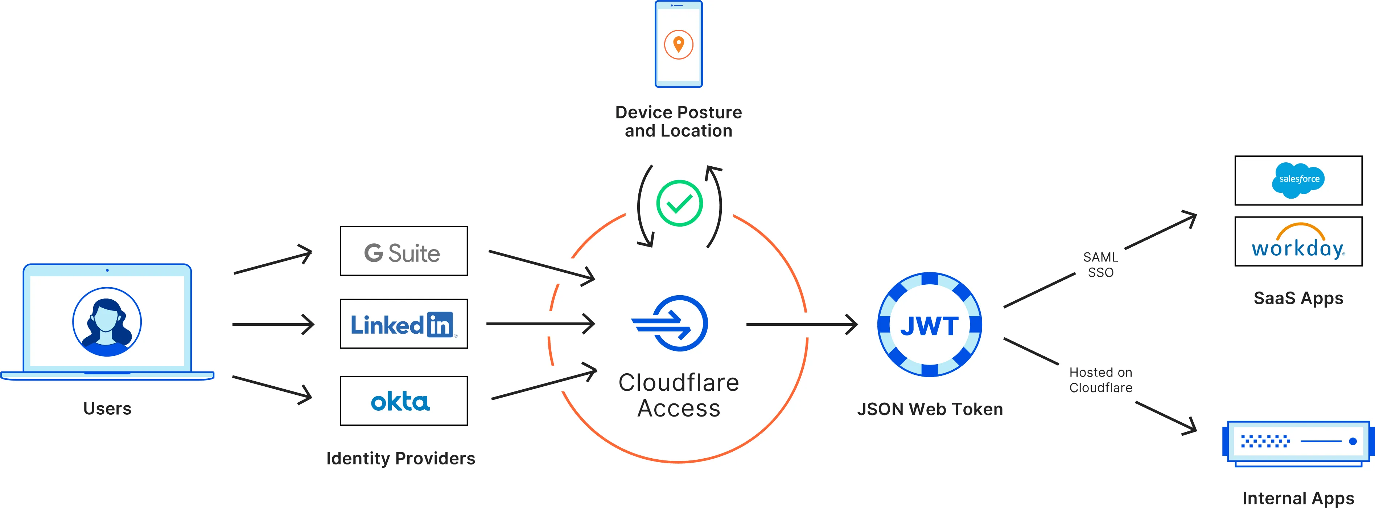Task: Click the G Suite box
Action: click(x=404, y=251)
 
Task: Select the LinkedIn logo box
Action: click(x=404, y=324)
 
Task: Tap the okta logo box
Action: click(x=404, y=401)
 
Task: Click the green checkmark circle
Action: click(x=679, y=203)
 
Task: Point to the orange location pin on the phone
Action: click(x=678, y=44)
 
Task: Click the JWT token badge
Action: click(x=929, y=325)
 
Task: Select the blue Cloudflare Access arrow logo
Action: click(x=671, y=323)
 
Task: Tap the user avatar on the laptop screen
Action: click(x=107, y=322)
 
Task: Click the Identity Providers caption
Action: click(x=400, y=458)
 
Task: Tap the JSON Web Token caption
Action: click(x=929, y=409)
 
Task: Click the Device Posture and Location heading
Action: click(x=678, y=121)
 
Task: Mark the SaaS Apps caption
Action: click(x=1298, y=298)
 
